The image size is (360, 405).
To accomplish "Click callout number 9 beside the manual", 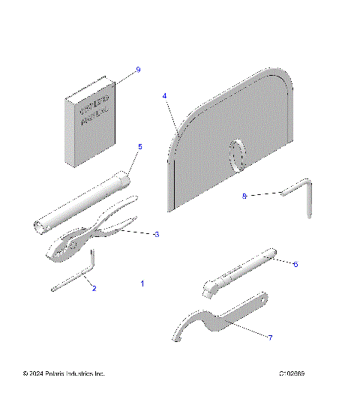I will [138, 70].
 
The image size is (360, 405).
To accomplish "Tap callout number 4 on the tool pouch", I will [164, 96].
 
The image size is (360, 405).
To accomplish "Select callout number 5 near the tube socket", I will [139, 147].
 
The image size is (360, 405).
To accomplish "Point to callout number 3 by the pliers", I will [156, 235].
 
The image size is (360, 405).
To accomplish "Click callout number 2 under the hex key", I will [94, 287].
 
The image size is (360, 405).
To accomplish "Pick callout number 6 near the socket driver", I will [295, 264].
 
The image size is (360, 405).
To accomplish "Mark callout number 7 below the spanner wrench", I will [270, 337].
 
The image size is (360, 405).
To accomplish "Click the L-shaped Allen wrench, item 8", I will [300, 193].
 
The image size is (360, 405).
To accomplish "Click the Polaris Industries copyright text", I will [64, 373].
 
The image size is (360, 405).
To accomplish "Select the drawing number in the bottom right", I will [292, 373].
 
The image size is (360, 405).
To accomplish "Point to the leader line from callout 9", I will [124, 75].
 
